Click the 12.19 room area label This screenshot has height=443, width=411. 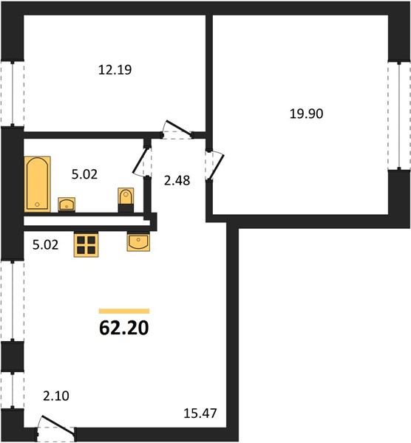coord(115,70)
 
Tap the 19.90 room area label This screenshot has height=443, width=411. coord(306,114)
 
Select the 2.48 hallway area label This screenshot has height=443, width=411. coord(177,181)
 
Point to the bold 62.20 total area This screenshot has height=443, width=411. coord(124,328)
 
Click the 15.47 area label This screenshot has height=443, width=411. coord(200,413)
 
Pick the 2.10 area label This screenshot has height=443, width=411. coord(56,396)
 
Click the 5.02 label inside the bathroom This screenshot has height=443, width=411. coord(84,174)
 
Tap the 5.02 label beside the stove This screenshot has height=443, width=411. coord(46,244)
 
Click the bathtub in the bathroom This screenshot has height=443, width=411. coord(38,184)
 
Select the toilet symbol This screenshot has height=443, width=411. coord(126,200)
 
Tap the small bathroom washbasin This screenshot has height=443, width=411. coord(67,205)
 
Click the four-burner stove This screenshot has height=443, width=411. coord(86,245)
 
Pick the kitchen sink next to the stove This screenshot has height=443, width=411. coord(139,242)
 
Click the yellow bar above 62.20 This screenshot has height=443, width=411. coord(124,312)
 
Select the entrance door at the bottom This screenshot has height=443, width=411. coord(56,428)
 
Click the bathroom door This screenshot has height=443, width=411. coord(142,162)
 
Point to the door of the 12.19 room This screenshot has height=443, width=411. coord(177,130)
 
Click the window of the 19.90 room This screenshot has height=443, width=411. coord(399,116)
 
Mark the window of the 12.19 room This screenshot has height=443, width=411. coord(13,94)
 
